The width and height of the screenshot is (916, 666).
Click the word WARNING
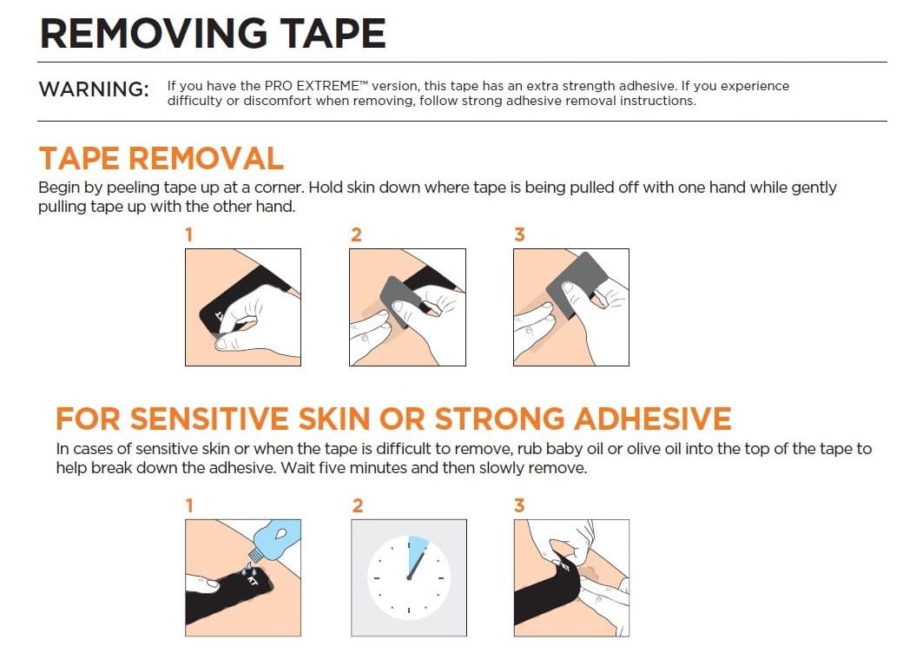click(x=94, y=89)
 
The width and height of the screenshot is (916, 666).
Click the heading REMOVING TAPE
click(x=213, y=33)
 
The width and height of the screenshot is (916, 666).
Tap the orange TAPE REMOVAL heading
click(x=161, y=158)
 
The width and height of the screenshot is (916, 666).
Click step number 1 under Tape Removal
click(x=189, y=234)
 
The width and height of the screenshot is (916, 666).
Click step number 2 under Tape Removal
click(x=355, y=234)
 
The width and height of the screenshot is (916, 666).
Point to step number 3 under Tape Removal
click(x=519, y=234)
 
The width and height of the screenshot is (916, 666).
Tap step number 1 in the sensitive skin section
click(x=189, y=505)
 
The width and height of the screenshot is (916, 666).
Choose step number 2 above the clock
click(x=356, y=505)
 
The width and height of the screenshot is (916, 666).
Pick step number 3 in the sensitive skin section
click(x=519, y=505)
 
